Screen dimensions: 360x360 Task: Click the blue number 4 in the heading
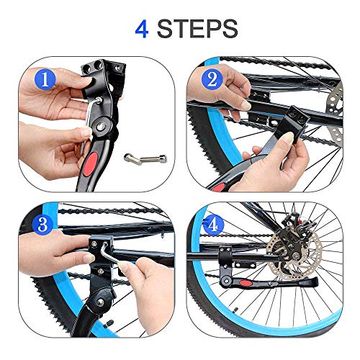(142, 29)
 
